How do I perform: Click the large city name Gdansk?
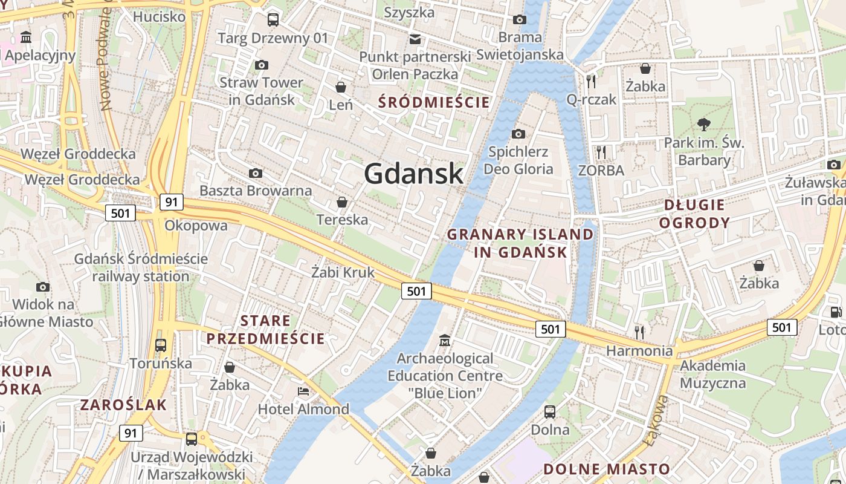click(x=414, y=174)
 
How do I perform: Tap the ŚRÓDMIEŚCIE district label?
click(x=434, y=102)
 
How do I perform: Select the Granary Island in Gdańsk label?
click(x=520, y=243)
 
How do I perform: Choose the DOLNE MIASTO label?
click(x=607, y=469)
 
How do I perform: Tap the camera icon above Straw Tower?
click(x=262, y=65)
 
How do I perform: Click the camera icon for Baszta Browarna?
click(x=256, y=174)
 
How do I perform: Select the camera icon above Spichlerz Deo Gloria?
click(x=518, y=134)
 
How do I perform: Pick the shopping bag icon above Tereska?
click(x=342, y=202)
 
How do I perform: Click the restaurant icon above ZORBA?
click(x=601, y=152)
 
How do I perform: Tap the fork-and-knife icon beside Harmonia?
click(x=639, y=332)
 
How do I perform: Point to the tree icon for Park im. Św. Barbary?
click(x=703, y=125)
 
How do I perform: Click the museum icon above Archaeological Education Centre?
click(x=445, y=341)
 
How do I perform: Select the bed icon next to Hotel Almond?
click(x=303, y=391)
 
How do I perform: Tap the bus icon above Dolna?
click(x=550, y=412)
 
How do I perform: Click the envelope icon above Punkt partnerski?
click(x=415, y=39)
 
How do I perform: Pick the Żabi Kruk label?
click(x=343, y=273)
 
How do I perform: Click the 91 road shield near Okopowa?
click(x=172, y=202)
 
